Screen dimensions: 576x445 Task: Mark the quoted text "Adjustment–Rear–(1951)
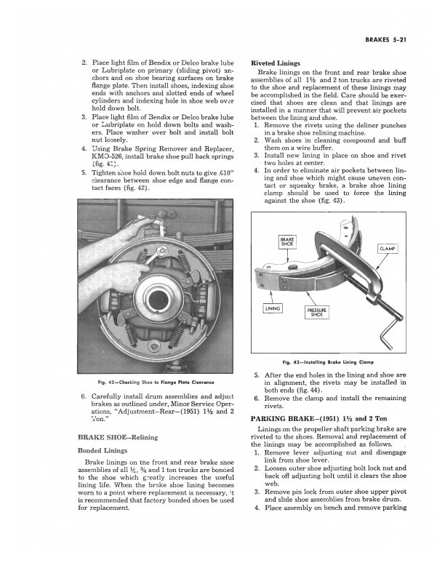tap(160, 413)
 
